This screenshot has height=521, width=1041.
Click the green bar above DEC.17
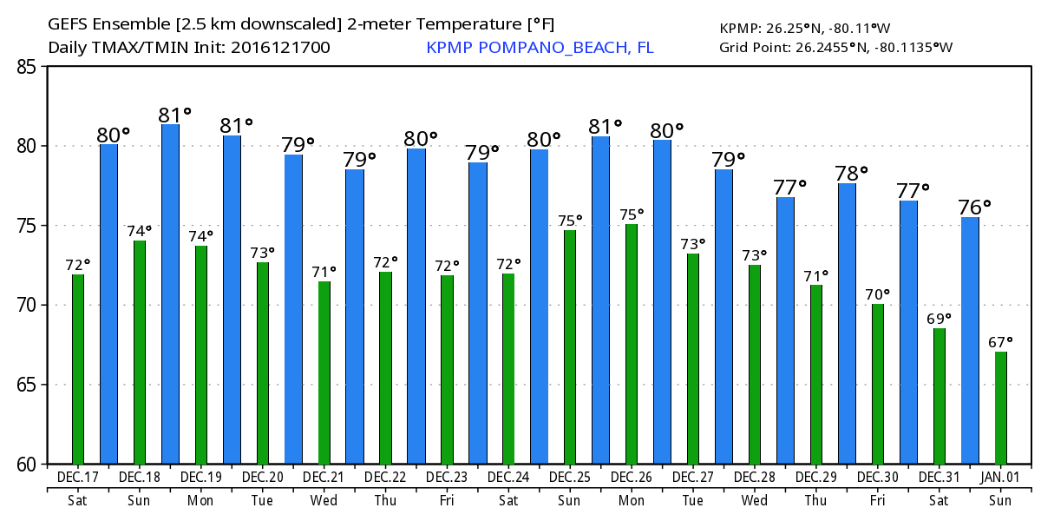pyautogui.click(x=78, y=369)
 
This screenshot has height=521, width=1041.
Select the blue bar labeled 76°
pyautogui.click(x=970, y=340)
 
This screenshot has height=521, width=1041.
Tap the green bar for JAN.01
pyautogui.click(x=1000, y=407)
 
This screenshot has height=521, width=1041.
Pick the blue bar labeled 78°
pyautogui.click(x=847, y=323)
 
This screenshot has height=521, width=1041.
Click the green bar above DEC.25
pyautogui.click(x=570, y=346)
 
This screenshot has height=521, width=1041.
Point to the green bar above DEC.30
pyautogui.click(x=878, y=384)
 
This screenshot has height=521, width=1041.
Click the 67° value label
pyautogui.click(x=1000, y=341)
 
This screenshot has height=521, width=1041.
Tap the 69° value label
pyautogui.click(x=939, y=319)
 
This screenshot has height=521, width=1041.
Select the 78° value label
pyautogui.click(x=851, y=172)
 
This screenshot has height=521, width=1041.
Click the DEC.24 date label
pyautogui.click(x=508, y=478)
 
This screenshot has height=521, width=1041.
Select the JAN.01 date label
pyautogui.click(x=1000, y=478)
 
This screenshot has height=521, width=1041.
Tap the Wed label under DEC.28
pyautogui.click(x=754, y=500)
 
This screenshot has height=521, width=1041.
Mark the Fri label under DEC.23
pyautogui.click(x=447, y=500)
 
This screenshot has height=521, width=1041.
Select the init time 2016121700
pyautogui.click(x=279, y=47)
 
